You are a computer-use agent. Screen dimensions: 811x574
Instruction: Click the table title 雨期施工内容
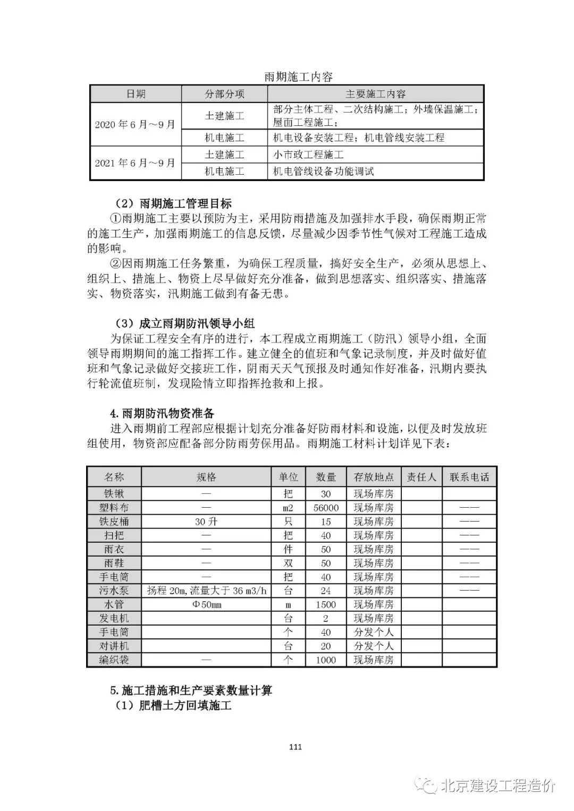[x=298, y=77]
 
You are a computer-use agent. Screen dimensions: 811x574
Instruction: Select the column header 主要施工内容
[x=375, y=94]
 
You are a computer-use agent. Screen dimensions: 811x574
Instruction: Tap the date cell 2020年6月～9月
[x=135, y=125]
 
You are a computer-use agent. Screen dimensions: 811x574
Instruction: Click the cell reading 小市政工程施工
[x=308, y=155]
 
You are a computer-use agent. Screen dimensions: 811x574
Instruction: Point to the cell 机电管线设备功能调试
[x=323, y=171]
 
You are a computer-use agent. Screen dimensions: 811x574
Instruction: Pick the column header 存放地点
[x=374, y=477]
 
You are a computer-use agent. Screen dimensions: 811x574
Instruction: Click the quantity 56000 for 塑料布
[x=326, y=508]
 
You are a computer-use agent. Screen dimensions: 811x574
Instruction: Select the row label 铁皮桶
[x=114, y=522]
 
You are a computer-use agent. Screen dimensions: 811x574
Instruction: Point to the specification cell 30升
[x=206, y=522]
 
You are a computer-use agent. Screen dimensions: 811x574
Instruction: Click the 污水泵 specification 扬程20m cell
[x=206, y=591]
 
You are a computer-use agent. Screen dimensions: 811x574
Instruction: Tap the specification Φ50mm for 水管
[x=206, y=604]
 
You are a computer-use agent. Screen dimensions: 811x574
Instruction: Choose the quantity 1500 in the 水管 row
[x=326, y=604]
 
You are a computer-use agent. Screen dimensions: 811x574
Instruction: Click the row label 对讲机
[x=114, y=646]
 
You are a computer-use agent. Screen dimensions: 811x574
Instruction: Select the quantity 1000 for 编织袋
[x=326, y=660]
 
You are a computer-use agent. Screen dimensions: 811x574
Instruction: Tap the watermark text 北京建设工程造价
[x=496, y=786]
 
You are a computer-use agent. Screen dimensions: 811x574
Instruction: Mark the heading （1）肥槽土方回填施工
[x=174, y=706]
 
